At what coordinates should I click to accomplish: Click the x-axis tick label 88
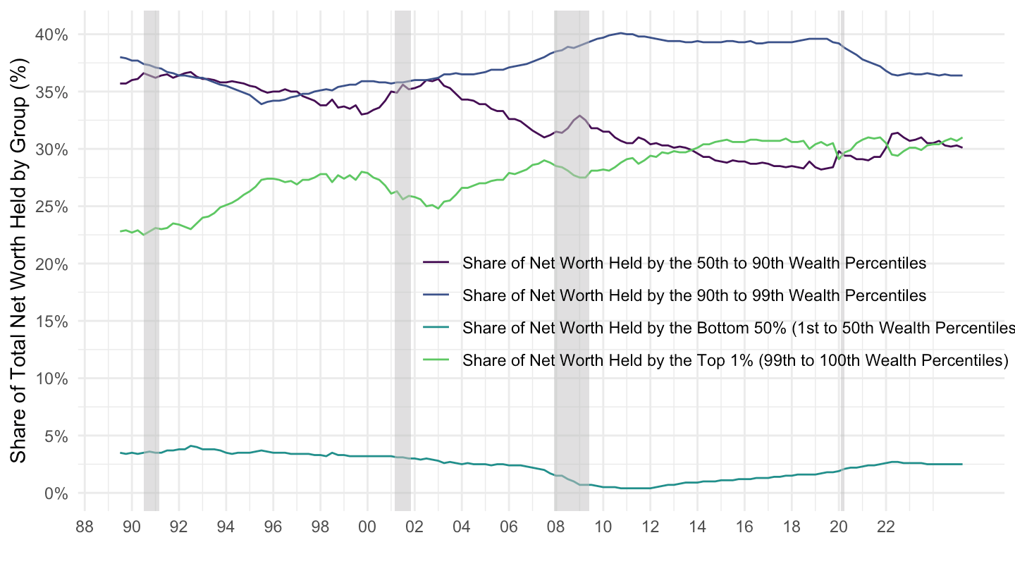point(85,526)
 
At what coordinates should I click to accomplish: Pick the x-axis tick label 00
point(367,526)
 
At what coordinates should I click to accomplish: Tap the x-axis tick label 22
point(886,526)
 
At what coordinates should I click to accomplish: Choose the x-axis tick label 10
point(603,526)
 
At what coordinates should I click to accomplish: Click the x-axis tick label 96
point(273,526)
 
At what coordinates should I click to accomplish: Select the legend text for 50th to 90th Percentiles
point(694,264)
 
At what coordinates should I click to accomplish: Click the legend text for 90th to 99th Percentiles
point(694,295)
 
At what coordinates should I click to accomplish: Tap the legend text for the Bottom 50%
point(737,328)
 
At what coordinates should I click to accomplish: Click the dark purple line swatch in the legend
point(436,263)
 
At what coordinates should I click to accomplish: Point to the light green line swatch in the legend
point(436,360)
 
